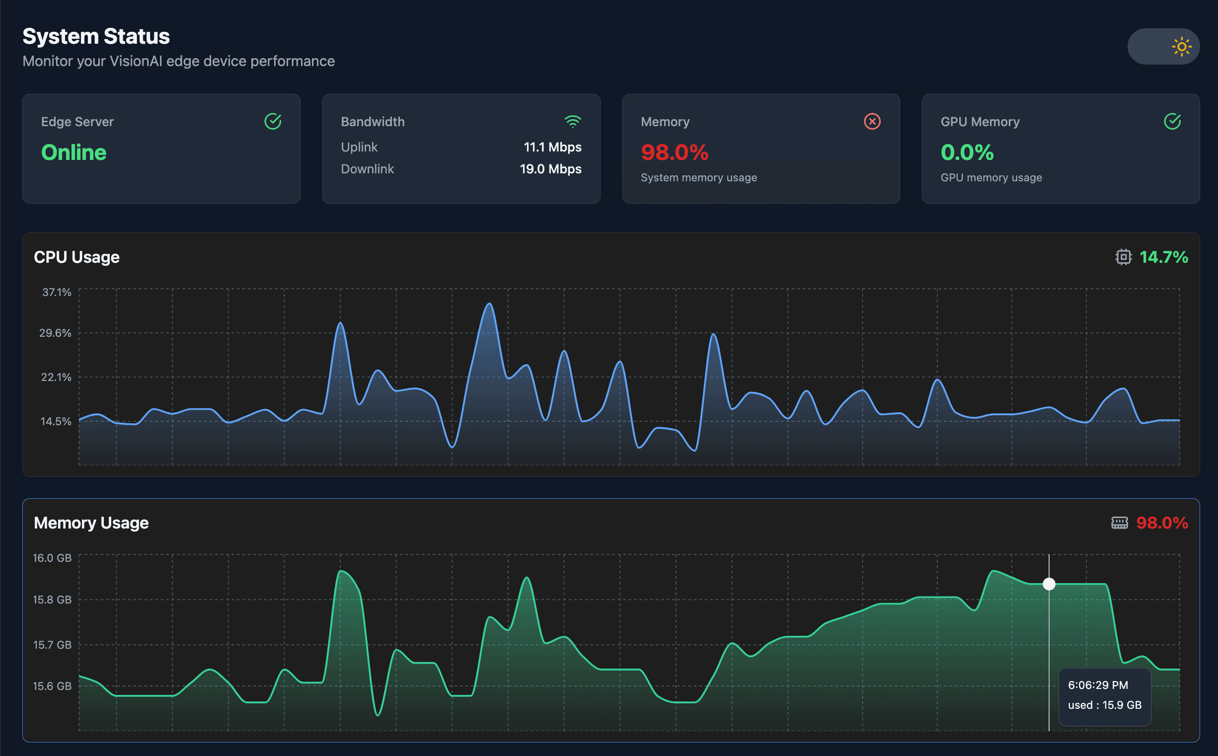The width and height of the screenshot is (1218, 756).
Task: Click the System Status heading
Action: coord(96,36)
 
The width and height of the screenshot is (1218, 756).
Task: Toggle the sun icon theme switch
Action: coord(1163,47)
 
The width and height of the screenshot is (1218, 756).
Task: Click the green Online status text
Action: coord(74,152)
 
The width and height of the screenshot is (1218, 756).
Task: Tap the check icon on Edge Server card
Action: coord(273,122)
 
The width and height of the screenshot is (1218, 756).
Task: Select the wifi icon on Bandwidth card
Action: coord(573,122)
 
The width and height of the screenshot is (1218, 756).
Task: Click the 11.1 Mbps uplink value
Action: coord(552,147)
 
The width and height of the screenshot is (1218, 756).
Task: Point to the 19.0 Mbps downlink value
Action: coord(550,169)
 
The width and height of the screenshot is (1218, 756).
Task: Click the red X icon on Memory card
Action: coord(872,122)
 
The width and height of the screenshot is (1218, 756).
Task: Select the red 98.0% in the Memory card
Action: coord(675,152)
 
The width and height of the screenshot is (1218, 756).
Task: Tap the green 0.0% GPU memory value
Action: coord(967,152)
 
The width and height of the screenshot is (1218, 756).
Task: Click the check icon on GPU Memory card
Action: coord(1172,122)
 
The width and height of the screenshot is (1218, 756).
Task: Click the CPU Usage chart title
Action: coord(76,257)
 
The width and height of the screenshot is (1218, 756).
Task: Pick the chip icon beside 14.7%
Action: coord(1123,257)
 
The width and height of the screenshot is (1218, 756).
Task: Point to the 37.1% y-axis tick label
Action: coord(57,292)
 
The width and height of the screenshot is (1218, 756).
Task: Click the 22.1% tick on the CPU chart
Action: coord(56,377)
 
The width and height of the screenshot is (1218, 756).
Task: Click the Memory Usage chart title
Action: coord(91,523)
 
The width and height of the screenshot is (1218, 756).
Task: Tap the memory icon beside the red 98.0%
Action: coord(1120,523)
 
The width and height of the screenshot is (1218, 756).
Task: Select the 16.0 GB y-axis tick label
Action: coord(52,558)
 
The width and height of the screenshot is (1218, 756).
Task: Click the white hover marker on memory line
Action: coord(1049,584)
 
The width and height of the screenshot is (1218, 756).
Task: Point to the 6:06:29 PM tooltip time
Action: coord(1098,685)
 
